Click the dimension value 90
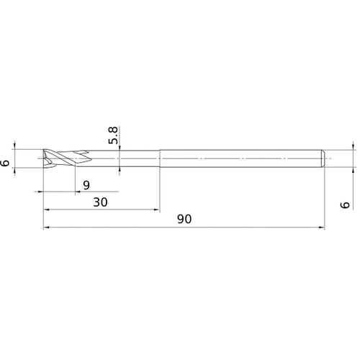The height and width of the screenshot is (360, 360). [x=184, y=220]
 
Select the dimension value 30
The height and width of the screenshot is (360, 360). [x=101, y=202]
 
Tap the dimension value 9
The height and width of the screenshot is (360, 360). [x=86, y=185]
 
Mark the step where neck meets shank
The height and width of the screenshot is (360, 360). [x=160, y=158]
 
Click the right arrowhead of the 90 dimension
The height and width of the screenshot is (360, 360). [x=320, y=228]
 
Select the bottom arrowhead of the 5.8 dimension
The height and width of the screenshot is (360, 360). [x=120, y=170]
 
